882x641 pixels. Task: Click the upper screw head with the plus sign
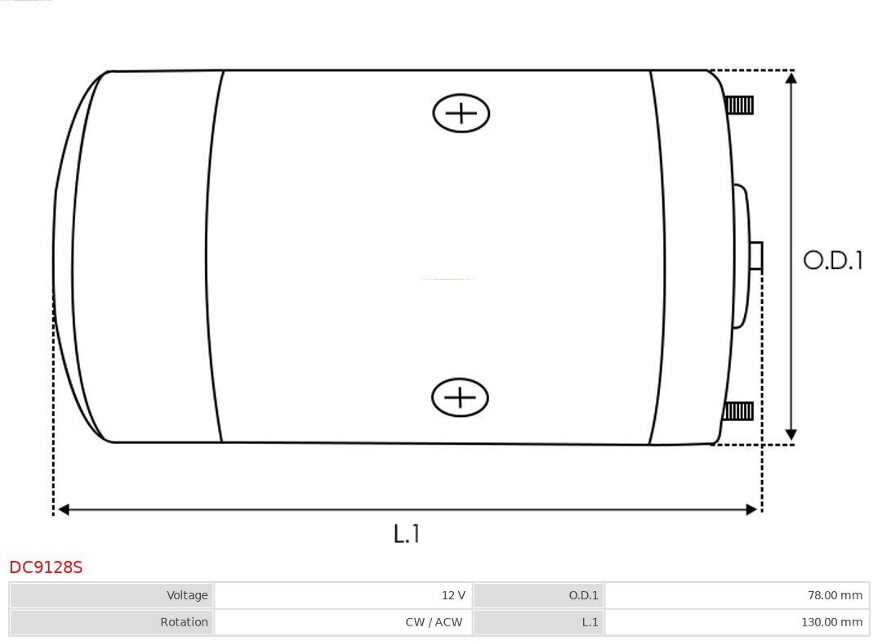tap(461, 113)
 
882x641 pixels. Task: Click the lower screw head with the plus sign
tap(460, 397)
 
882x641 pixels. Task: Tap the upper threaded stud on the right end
tap(739, 105)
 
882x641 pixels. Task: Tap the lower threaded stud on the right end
tap(738, 411)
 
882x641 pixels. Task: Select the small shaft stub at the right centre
tap(756, 256)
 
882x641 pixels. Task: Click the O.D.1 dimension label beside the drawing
tap(833, 260)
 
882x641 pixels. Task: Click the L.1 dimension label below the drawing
tap(407, 533)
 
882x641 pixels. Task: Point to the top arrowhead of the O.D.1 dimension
tap(791, 78)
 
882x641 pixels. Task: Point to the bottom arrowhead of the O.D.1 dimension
tap(791, 434)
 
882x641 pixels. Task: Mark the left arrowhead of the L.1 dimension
tap(64, 509)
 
